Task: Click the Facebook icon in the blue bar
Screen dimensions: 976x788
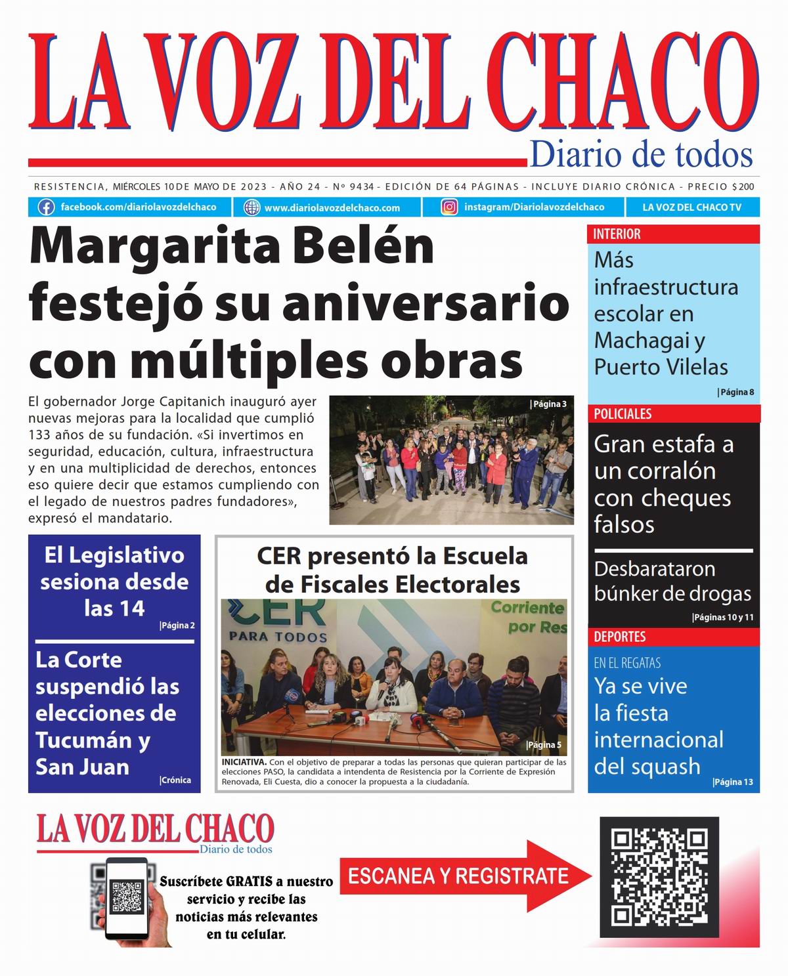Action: click(46, 207)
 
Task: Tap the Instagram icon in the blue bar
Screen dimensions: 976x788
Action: click(449, 207)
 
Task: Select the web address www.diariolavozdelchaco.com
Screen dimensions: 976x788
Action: click(332, 208)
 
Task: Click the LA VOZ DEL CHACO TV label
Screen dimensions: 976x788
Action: click(691, 207)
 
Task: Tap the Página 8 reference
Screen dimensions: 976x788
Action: click(736, 393)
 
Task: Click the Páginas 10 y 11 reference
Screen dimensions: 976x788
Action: click(723, 618)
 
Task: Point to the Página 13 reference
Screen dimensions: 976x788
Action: click(733, 782)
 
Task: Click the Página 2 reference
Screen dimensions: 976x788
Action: click(177, 626)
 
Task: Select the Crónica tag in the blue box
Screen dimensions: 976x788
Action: click(175, 780)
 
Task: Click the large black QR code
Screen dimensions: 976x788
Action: click(659, 877)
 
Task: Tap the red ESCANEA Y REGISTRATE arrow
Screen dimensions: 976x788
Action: click(460, 876)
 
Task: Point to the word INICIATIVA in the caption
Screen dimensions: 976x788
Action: click(244, 763)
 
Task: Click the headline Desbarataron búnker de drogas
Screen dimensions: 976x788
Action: click(672, 581)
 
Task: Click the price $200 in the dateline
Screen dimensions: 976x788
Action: click(743, 186)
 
